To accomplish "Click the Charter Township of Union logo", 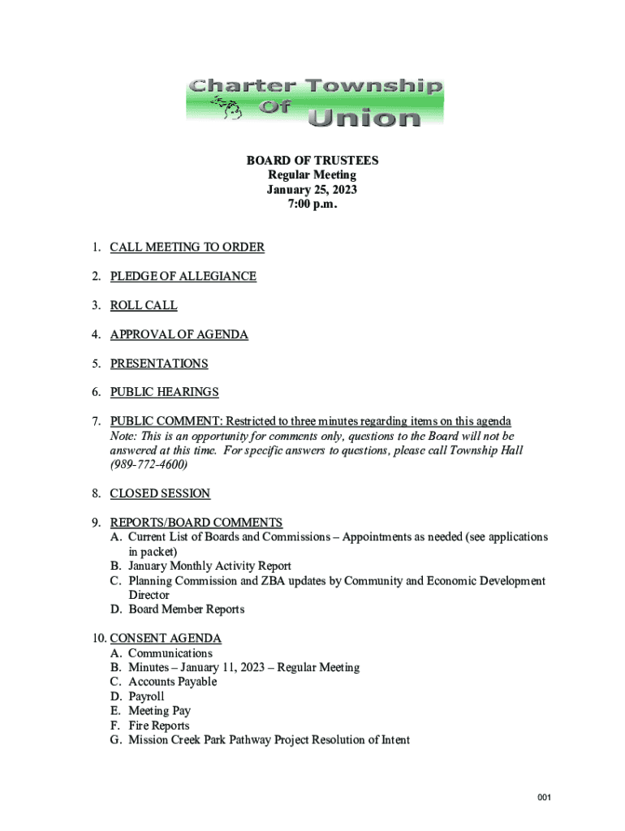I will point(314,101).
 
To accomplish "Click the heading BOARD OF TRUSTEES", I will point(312,161).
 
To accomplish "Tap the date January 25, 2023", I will point(312,190).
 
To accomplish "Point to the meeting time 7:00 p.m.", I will point(312,205).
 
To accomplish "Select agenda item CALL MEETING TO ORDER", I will point(187,248).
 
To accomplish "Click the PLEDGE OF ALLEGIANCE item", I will point(183,277).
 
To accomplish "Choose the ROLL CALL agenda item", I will point(144,306).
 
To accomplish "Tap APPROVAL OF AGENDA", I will point(179,334).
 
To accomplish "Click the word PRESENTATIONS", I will point(159,364).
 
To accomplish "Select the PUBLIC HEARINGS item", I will point(164,392).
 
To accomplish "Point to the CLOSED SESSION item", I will point(160,493).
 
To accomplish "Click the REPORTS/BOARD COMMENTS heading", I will point(196,523).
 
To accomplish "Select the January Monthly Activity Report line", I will point(209,566).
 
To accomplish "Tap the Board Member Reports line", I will point(186,609).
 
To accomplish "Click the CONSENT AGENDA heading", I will point(166,639).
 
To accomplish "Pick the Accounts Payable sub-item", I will point(172,682).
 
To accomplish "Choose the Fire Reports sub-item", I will point(158,726).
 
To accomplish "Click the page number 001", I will point(544,799).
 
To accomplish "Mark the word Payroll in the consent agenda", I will point(146,696).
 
